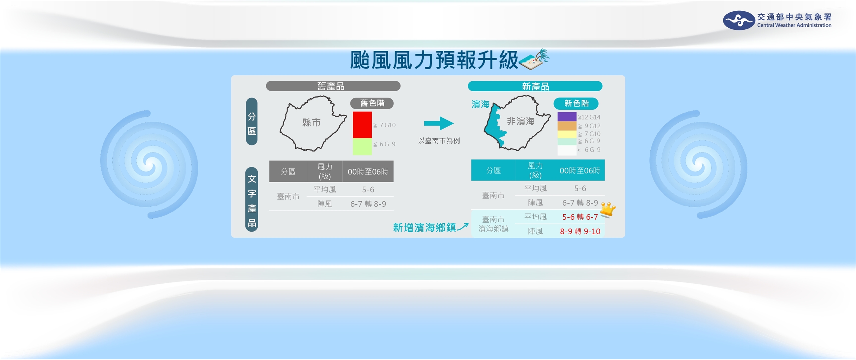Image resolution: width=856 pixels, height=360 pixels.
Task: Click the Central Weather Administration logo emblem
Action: pyautogui.click(x=739, y=20)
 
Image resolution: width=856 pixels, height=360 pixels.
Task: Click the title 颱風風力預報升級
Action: pyautogui.click(x=434, y=61)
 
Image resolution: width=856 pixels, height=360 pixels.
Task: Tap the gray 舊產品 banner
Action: pyautogui.click(x=333, y=86)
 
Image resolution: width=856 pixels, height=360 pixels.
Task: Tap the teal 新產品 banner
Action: pyautogui.click(x=535, y=86)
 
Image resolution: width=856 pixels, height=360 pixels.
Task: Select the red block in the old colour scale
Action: pyautogui.click(x=362, y=125)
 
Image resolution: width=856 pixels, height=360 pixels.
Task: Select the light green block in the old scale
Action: pyautogui.click(x=362, y=146)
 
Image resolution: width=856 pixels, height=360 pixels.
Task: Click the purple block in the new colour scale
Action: pyautogui.click(x=567, y=117)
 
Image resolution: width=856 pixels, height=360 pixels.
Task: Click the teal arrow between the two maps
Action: pyautogui.click(x=438, y=123)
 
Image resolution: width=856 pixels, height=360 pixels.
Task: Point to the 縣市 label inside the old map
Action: pyautogui.click(x=311, y=123)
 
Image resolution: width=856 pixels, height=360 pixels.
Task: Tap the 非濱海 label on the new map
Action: pyautogui.click(x=521, y=121)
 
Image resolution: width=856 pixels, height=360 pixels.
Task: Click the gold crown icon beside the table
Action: pyautogui.click(x=608, y=210)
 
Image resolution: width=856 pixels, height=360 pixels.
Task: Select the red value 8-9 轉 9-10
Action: pyautogui.click(x=580, y=231)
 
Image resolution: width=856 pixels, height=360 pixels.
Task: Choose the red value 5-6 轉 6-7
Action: pyautogui.click(x=580, y=217)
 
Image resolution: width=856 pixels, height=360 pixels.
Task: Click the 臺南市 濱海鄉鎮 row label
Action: pyautogui.click(x=493, y=224)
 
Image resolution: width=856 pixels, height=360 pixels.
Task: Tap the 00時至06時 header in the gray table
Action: pyautogui.click(x=368, y=172)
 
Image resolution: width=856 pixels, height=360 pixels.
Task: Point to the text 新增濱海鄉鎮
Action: pyautogui.click(x=424, y=228)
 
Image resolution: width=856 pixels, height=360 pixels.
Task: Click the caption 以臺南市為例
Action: pyautogui.click(x=438, y=141)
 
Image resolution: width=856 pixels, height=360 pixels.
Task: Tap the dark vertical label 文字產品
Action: pyautogui.click(x=252, y=200)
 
